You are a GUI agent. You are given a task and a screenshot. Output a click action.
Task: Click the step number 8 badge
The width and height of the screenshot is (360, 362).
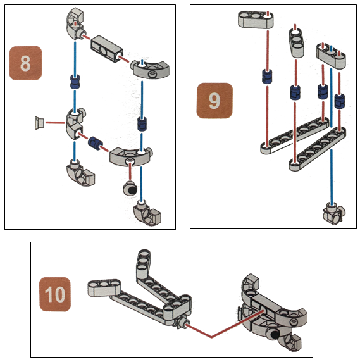tap(25, 63)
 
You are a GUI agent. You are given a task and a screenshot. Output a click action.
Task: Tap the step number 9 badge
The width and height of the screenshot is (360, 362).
tap(214, 101)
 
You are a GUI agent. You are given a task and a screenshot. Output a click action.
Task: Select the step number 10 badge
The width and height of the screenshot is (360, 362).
tap(55, 294)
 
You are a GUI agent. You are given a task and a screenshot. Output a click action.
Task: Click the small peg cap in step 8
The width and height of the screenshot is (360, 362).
tap(39, 123)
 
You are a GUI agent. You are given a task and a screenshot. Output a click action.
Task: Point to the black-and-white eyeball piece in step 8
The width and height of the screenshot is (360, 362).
tap(130, 189)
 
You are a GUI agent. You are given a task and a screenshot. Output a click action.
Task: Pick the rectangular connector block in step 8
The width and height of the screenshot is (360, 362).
tap(106, 49)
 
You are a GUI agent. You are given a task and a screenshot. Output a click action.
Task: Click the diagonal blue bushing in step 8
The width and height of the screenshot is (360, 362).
tap(95, 143)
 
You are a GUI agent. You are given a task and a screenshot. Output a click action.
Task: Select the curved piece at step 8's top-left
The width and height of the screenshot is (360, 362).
tap(76, 23)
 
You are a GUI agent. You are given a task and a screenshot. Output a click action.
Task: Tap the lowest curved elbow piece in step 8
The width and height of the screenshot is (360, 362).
tap(147, 213)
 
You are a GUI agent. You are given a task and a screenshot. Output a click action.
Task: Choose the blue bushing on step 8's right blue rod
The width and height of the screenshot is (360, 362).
tap(142, 124)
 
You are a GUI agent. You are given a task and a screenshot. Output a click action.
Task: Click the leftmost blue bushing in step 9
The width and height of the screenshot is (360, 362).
tap(267, 76)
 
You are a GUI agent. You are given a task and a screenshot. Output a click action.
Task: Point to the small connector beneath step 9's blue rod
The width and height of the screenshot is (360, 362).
tap(333, 213)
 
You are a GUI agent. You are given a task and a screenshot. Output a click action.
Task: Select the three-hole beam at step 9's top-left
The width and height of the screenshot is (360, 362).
tap(256, 20)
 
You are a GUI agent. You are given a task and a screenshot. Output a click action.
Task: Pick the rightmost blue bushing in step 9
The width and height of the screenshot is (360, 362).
tap(340, 101)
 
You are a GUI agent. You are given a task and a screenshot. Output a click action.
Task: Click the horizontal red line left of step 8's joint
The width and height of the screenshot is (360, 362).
tap(56, 123)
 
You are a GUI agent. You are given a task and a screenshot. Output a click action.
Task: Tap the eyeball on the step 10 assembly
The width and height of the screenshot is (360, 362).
tap(272, 334)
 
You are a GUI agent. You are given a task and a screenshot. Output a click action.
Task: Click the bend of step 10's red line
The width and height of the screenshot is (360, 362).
tap(211, 337)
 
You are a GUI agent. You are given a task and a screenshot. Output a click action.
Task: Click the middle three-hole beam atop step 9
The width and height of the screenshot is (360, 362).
tap(296, 43)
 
